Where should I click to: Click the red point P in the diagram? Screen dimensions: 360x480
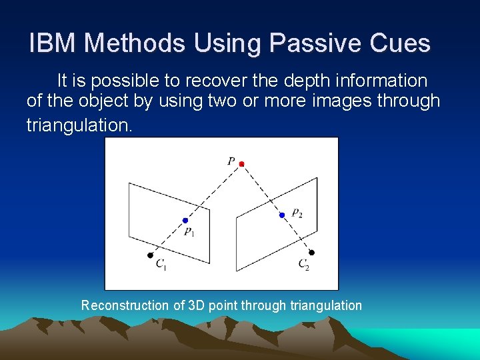click(241, 163)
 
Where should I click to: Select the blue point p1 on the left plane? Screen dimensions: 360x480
click(185, 221)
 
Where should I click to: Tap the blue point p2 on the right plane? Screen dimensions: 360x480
click(282, 215)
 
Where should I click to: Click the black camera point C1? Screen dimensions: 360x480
click(150, 255)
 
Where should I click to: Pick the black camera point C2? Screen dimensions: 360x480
click(311, 253)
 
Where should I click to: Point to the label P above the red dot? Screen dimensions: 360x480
click(231, 160)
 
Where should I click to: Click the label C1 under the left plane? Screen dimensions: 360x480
click(161, 265)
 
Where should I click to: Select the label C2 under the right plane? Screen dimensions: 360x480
click(304, 265)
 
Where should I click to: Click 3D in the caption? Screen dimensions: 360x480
click(197, 305)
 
